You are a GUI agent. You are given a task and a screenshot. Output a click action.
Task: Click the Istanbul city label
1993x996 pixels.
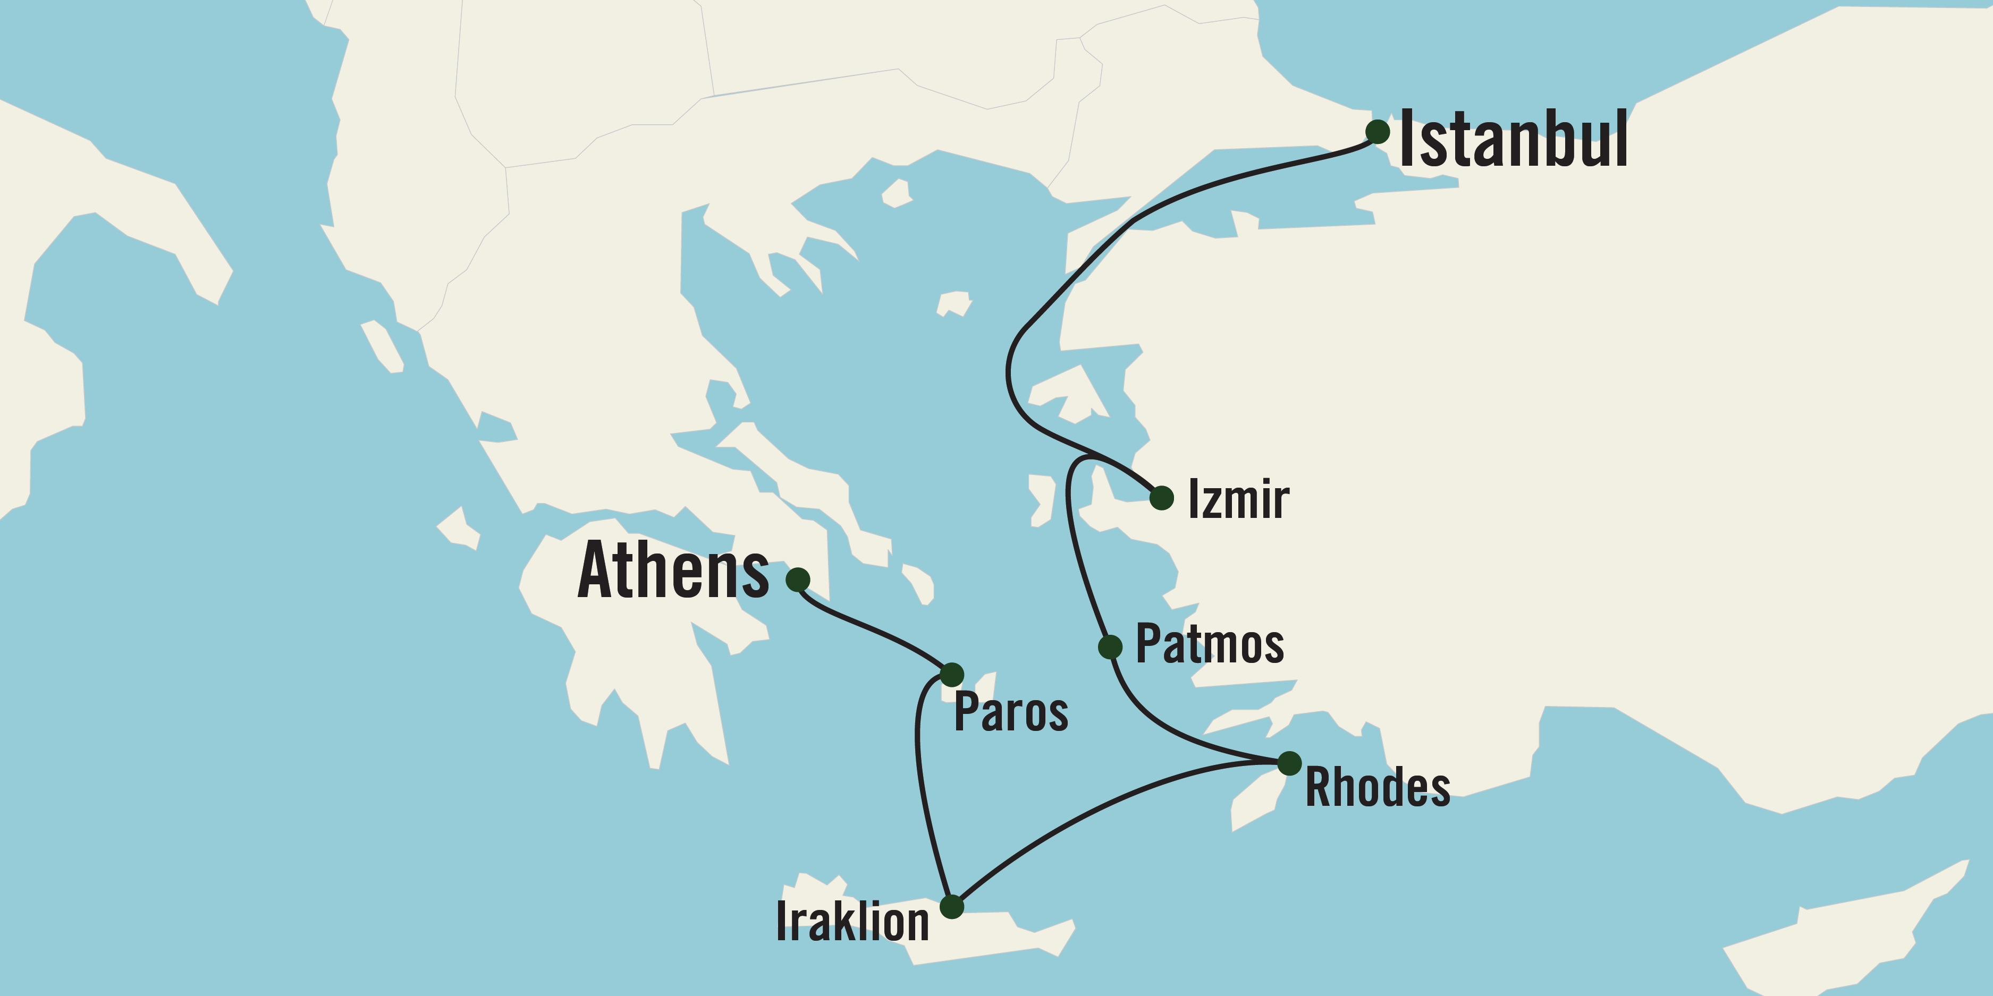point(1513,139)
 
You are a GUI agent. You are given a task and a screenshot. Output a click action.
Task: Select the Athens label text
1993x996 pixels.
point(673,571)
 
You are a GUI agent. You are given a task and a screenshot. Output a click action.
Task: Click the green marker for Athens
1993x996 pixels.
point(798,579)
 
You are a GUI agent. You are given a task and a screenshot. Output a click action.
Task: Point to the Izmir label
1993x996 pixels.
point(1238,499)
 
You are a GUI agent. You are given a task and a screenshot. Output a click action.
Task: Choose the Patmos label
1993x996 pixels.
point(1209,644)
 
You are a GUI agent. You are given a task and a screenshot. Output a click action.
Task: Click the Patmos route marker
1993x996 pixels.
point(1110,646)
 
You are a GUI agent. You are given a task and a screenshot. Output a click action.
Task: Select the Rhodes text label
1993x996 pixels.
point(1377,788)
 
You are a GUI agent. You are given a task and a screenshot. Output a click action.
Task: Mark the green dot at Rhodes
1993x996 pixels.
point(1289,763)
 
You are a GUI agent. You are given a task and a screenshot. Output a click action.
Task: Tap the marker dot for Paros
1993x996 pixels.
point(952,674)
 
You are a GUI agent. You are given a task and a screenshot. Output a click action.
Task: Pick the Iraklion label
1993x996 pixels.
point(852,922)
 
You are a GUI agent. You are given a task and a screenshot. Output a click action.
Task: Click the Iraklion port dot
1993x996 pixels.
point(952,906)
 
